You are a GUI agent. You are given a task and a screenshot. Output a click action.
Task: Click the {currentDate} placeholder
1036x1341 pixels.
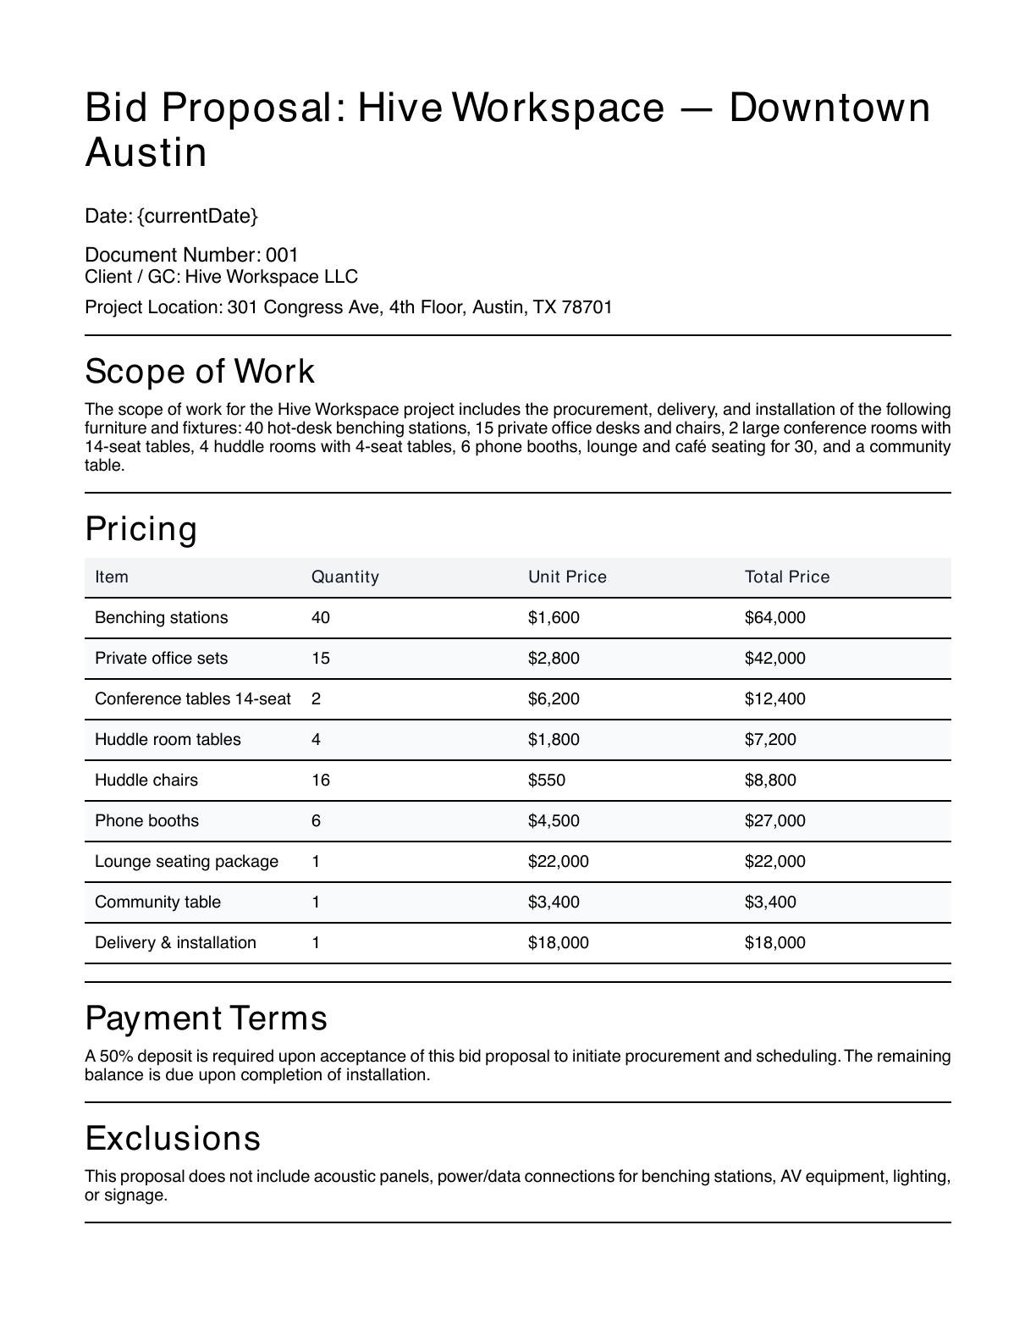[197, 216]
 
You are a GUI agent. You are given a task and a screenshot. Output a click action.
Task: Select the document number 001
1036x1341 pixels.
[282, 255]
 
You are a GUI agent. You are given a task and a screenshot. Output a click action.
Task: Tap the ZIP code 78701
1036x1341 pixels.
[587, 306]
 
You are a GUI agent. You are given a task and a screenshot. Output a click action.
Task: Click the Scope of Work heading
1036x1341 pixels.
[200, 372]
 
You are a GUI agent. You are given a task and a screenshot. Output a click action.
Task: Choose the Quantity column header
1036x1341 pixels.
[345, 577]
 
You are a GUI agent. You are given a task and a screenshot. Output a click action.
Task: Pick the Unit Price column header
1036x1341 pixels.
[567, 577]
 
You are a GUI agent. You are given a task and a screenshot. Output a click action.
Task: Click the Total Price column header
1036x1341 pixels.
[787, 577]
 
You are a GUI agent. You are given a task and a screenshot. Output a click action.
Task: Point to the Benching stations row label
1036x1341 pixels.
[161, 617]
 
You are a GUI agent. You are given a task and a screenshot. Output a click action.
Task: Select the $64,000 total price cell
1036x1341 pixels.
[774, 617]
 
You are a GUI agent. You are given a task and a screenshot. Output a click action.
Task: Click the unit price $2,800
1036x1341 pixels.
[554, 658]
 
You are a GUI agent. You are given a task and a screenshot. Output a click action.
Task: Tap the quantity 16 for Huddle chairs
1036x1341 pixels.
[321, 780]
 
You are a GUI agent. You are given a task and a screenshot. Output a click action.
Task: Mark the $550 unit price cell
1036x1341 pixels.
[547, 780]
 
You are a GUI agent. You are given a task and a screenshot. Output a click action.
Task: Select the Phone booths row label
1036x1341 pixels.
[146, 820]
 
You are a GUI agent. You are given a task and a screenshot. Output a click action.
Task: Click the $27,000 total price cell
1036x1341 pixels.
[774, 820]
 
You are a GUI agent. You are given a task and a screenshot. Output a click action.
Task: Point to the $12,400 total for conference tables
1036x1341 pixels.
[774, 698]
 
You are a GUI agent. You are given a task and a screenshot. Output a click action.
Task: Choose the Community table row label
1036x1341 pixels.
[157, 902]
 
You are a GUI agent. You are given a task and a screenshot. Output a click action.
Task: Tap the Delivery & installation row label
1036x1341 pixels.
[175, 942]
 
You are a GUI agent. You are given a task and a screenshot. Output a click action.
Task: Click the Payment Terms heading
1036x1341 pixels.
[206, 1018]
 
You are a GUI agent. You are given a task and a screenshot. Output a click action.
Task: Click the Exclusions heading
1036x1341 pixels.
[173, 1138]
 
